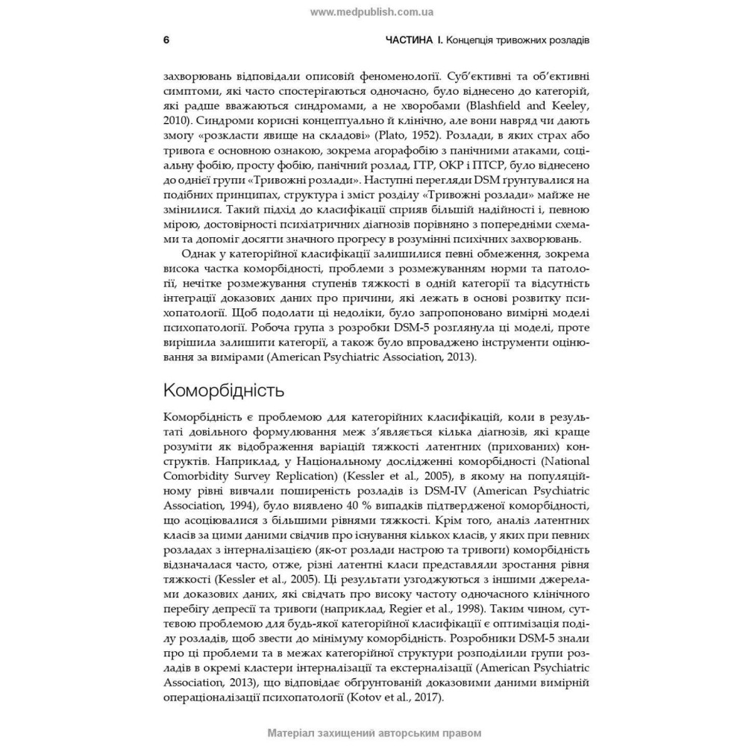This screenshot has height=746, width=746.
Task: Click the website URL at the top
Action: pos(372,12)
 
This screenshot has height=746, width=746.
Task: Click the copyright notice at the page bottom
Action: pos(372,733)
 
